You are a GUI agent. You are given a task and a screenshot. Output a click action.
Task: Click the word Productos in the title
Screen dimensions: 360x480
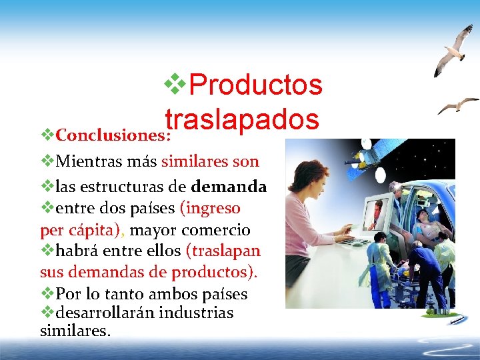point(256,85)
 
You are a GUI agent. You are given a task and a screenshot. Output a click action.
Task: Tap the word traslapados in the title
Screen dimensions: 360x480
point(242,119)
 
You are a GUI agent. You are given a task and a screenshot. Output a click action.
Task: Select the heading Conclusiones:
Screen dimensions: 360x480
point(114,135)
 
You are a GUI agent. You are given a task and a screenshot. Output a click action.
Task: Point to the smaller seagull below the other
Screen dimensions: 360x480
point(457,105)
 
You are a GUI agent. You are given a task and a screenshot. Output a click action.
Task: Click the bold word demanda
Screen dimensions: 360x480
point(229,186)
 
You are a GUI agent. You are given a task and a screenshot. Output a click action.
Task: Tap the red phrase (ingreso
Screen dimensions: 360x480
point(210,208)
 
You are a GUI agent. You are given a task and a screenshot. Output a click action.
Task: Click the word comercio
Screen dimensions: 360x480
point(217,231)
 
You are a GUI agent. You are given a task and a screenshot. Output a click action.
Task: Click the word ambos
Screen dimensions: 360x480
point(169,294)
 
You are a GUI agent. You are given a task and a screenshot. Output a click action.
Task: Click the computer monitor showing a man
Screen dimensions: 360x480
point(379,215)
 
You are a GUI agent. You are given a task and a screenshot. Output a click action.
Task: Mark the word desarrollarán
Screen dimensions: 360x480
point(107,313)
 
